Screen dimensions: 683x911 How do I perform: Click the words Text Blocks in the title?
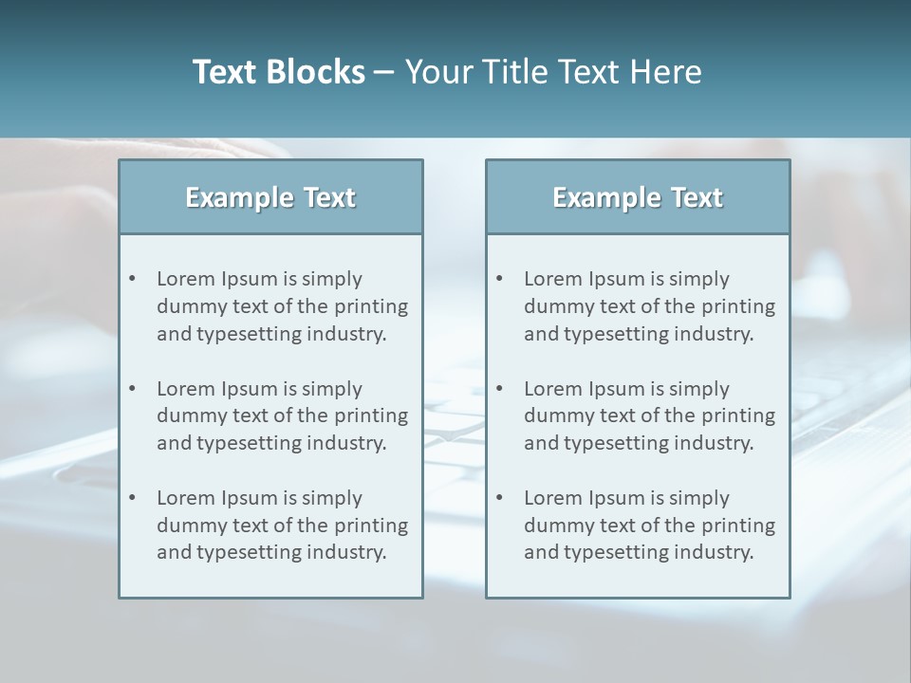point(278,72)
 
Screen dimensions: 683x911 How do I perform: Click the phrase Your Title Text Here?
point(553,72)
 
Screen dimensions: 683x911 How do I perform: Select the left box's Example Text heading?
point(270,197)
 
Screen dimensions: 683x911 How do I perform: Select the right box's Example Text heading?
point(638,197)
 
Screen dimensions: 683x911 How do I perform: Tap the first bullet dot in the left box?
point(133,279)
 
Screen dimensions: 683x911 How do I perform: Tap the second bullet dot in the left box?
point(133,389)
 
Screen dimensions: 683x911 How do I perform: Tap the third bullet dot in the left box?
point(133,498)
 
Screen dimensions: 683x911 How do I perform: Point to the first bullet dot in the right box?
point(500,279)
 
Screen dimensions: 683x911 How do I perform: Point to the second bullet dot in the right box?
point(500,389)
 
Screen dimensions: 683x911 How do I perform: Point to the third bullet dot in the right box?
point(500,498)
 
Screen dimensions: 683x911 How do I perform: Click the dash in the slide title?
point(384,73)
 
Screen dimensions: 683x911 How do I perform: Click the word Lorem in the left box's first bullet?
point(186,279)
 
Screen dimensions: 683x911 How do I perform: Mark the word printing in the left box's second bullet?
point(372,415)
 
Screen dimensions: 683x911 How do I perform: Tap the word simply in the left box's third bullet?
point(332,499)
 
